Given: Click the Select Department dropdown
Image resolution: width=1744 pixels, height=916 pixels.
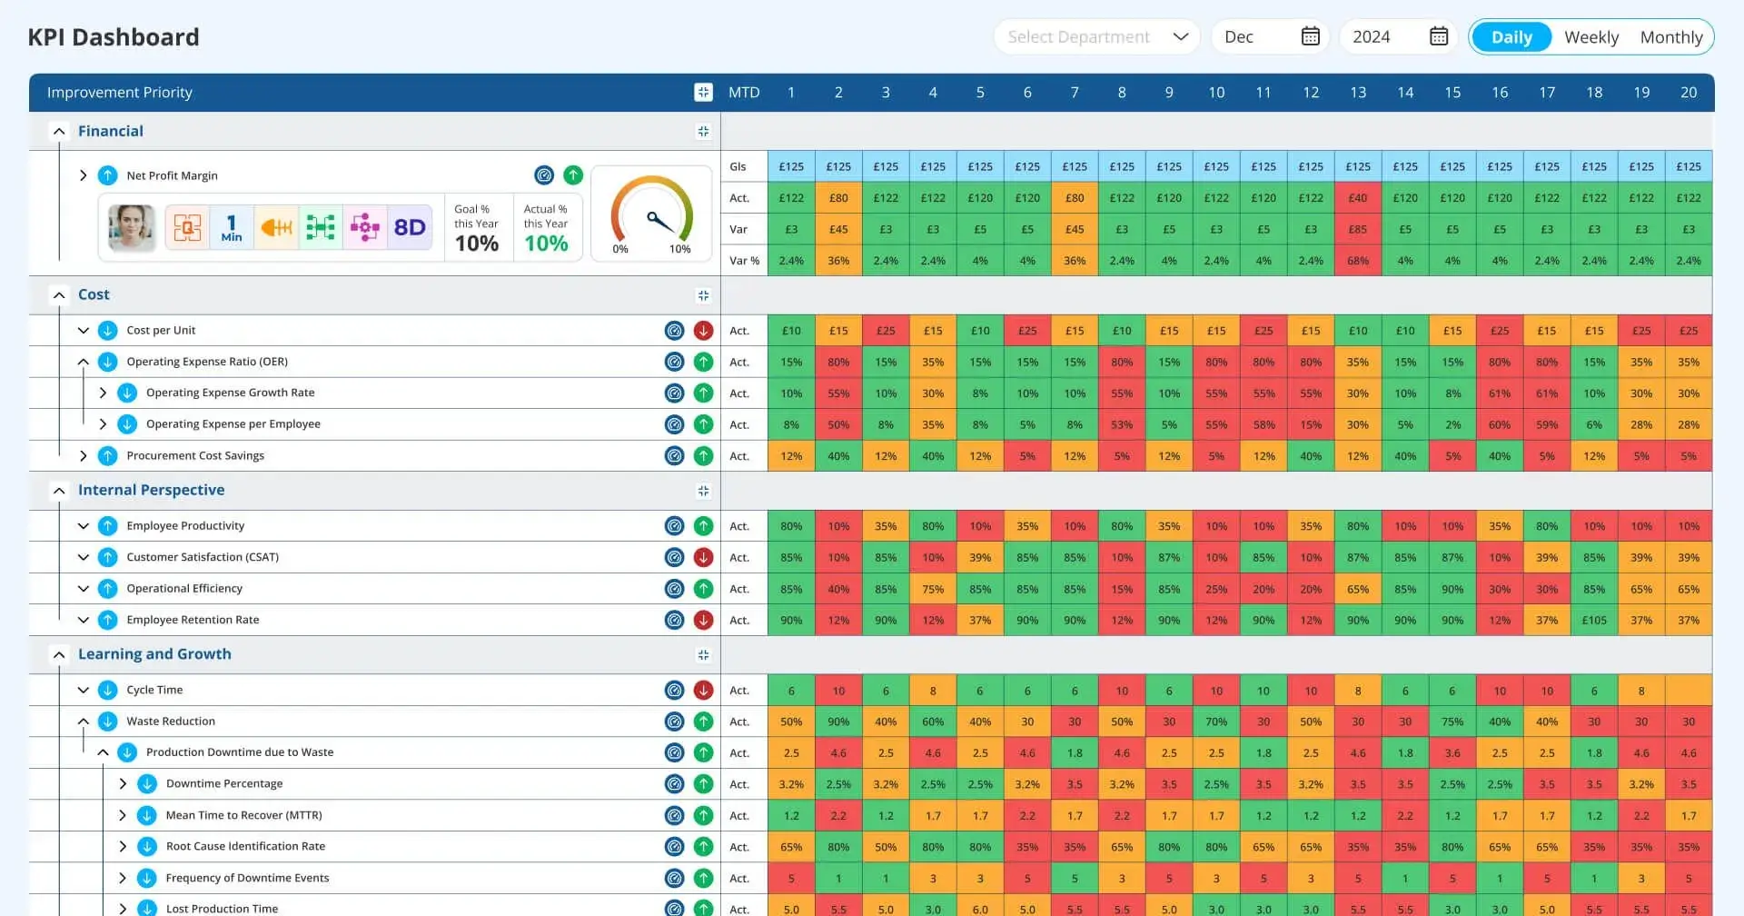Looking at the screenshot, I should tap(1096, 37).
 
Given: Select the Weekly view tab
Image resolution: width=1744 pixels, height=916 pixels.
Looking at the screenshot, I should tap(1590, 37).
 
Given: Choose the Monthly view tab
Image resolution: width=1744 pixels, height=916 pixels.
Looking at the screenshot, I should tap(1670, 37).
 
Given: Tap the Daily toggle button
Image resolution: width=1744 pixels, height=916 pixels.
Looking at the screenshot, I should tap(1511, 37).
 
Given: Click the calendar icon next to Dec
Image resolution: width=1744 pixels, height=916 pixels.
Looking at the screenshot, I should tap(1310, 36).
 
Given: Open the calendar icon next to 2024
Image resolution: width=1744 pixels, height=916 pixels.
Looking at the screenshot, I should tap(1439, 36).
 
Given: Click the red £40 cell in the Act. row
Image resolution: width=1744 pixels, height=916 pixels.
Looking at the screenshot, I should tap(1357, 198).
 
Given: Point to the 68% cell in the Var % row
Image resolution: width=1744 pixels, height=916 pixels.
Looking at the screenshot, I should tap(1357, 261).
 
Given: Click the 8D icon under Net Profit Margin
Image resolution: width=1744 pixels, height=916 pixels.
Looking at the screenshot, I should tap(409, 227).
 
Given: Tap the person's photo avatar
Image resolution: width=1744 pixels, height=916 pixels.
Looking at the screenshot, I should tap(131, 227).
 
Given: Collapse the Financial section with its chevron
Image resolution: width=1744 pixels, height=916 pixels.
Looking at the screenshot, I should tap(59, 132).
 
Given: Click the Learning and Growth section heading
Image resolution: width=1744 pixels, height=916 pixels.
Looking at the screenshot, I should tap(154, 654).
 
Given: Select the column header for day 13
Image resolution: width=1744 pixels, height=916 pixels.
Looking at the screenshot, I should tap(1357, 93).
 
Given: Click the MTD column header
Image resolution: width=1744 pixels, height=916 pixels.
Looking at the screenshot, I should tap(743, 93).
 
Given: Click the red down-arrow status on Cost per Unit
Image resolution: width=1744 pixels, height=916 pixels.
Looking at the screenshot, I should tap(703, 331).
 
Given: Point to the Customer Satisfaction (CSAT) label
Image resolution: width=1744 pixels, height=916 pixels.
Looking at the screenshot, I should tap(203, 557).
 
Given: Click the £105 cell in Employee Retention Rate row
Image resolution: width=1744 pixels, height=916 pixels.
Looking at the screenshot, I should tap(1593, 621).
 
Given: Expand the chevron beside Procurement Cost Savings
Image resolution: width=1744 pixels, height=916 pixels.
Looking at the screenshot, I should tap(84, 456).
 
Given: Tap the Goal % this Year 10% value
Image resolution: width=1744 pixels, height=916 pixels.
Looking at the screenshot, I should tap(476, 244).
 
